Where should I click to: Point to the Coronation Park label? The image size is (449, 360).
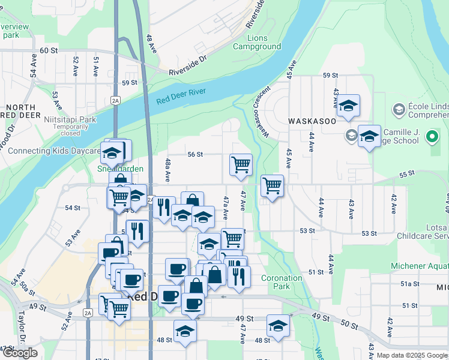tap(282, 282)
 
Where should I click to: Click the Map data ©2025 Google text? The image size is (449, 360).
tap(412, 355)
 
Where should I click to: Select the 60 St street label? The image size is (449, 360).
tap(48, 51)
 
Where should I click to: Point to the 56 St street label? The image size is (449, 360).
tap(195, 154)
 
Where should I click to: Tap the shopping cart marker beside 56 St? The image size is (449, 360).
tap(241, 164)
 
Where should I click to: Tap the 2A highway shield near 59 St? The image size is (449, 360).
tap(115, 101)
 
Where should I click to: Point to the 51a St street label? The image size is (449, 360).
tap(409, 283)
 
